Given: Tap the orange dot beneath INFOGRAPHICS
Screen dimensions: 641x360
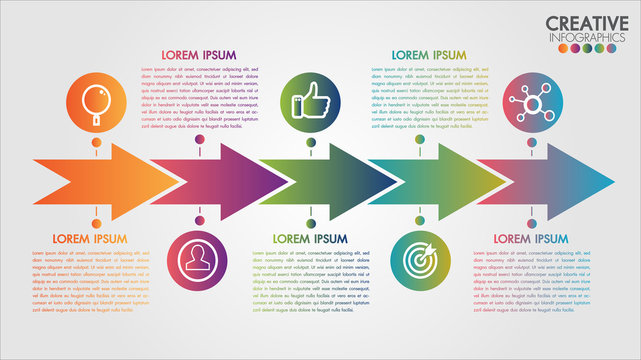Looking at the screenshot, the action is pyautogui.click(x=553, y=49).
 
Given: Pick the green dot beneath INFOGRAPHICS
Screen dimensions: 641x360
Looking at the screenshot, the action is pyautogui.click(x=595, y=49).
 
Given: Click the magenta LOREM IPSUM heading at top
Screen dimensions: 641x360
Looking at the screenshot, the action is pyautogui.click(x=199, y=54).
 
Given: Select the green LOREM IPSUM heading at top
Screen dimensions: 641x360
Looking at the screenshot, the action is pyautogui.click(x=429, y=54).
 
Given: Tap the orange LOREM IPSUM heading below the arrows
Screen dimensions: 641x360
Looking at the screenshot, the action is pyautogui.click(x=90, y=238).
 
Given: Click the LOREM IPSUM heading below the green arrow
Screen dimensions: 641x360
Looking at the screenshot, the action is pyautogui.click(x=310, y=238).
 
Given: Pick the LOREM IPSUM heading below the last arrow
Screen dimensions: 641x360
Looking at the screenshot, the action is pyautogui.click(x=530, y=238).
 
